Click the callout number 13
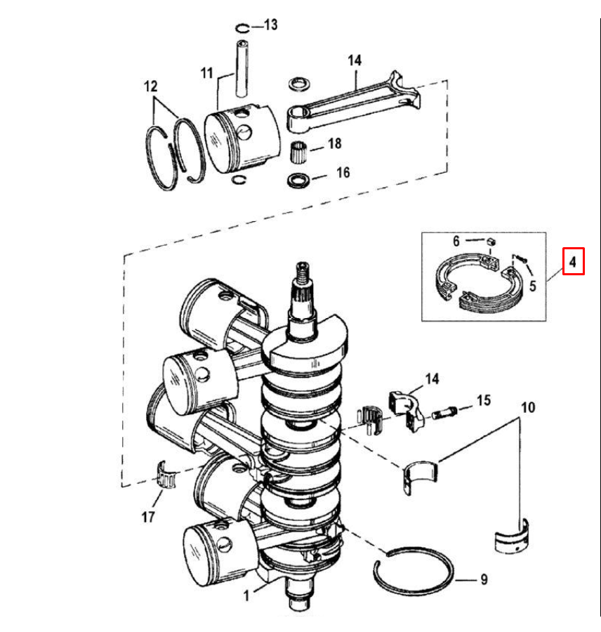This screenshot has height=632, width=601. coord(270,25)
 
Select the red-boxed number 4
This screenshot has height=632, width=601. coord(573,263)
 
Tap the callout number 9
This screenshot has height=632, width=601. coord(483,580)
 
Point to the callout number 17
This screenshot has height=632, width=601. coord(147,518)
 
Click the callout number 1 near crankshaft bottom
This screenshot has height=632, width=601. coord(246,595)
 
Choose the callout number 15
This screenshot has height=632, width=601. coord(483,401)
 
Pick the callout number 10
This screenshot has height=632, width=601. coord(528,407)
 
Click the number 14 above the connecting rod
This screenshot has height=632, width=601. coord(354,60)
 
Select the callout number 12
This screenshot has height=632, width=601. coord(151,87)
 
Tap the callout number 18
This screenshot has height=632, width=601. coord(334,144)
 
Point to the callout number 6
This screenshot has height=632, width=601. coord(456,240)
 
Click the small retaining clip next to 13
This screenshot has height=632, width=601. coord(242,29)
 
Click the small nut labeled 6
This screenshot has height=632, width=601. coord(493,241)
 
